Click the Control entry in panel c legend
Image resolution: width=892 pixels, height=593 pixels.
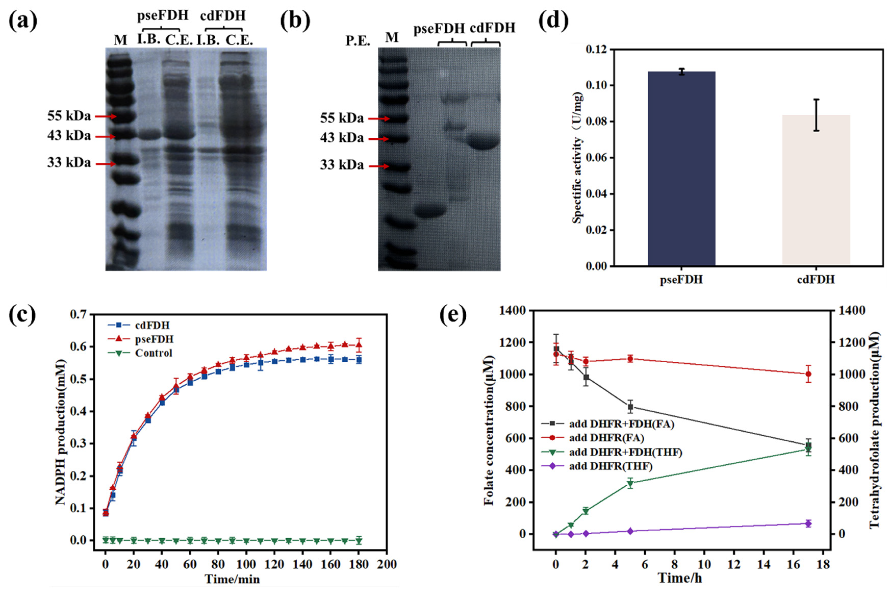[x=153, y=353]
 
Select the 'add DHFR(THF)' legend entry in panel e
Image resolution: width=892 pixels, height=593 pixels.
[x=610, y=466]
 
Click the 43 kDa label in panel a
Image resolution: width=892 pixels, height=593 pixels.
[x=69, y=136]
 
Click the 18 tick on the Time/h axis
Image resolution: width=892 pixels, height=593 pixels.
[x=823, y=565]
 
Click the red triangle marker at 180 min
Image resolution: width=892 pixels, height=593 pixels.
[x=358, y=344]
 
